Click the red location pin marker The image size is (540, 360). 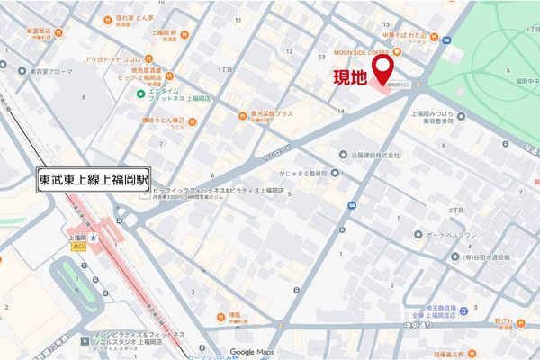tap(384, 70)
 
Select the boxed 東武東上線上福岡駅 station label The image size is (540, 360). tap(95, 179)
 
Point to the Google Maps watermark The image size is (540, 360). tap(251, 352)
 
